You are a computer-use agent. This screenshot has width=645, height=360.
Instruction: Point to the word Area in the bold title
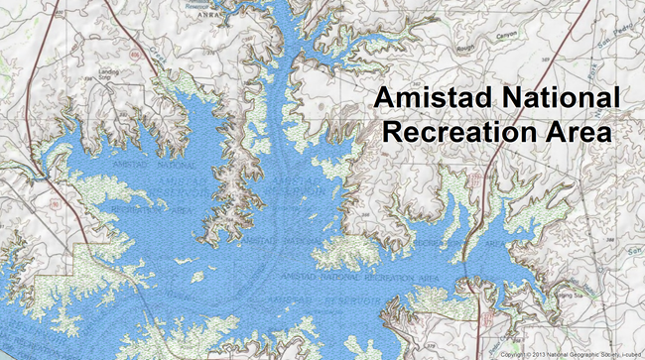click(576, 132)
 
